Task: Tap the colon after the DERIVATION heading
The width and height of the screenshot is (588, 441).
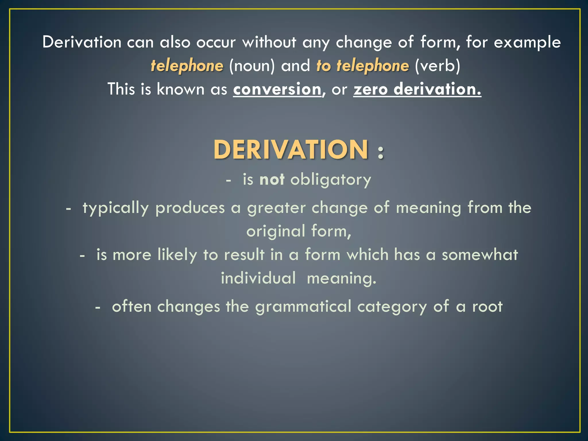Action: coord(381,152)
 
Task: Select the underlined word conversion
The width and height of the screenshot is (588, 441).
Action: coord(277,89)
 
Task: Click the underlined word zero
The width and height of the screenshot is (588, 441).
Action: coord(370,89)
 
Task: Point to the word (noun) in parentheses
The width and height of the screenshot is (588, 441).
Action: coord(252,66)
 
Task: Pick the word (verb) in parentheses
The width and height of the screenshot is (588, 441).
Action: coord(437,66)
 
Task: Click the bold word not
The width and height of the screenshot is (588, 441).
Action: coord(272,179)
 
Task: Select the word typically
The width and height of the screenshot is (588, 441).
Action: coord(115,208)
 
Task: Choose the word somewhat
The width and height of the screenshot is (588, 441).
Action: coord(480,255)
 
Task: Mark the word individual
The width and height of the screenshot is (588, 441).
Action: coord(258,278)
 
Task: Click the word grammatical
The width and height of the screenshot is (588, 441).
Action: coord(303,307)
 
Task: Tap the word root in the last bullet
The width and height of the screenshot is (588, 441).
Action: coord(488,307)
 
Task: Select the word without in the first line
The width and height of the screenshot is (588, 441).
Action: coord(269,42)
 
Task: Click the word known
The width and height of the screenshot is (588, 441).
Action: coord(181,89)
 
